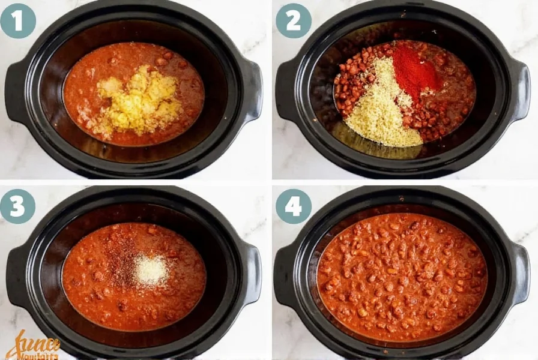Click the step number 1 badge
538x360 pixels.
click(18, 20)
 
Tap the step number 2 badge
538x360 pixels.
click(293, 20)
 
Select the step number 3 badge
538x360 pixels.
click(18, 206)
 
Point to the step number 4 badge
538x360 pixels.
click(293, 206)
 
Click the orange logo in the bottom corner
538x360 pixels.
click(33, 347)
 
